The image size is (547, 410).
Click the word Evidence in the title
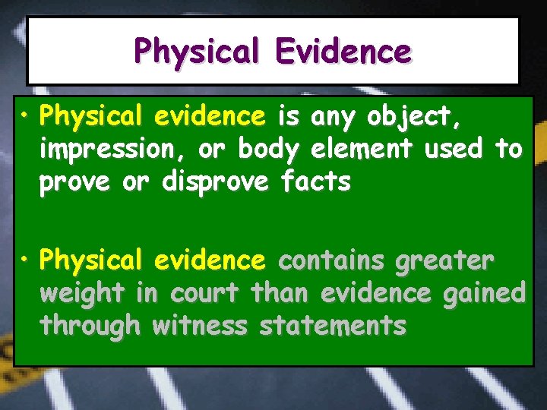pyautogui.click(x=343, y=52)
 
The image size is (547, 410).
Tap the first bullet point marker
pyautogui.click(x=26, y=116)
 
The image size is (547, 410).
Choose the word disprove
pyautogui.click(x=216, y=182)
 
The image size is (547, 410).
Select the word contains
pyautogui.click(x=332, y=261)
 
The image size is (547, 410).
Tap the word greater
pyautogui.click(x=444, y=261)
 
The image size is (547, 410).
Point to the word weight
pyautogui.click(x=82, y=294)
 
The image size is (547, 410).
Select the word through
pyautogui.click(x=91, y=326)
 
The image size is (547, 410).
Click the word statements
pyautogui.click(x=333, y=326)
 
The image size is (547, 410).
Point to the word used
pyautogui.click(x=453, y=149)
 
